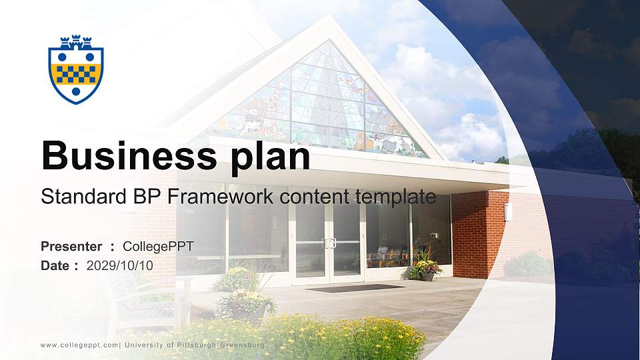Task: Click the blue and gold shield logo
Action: (x=76, y=69)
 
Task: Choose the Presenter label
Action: (x=71, y=247)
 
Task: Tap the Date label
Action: (x=55, y=265)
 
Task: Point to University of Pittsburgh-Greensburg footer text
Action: (x=195, y=345)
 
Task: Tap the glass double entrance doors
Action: (x=328, y=243)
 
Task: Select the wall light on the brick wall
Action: (x=508, y=212)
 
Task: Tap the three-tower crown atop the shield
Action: (x=76, y=42)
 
